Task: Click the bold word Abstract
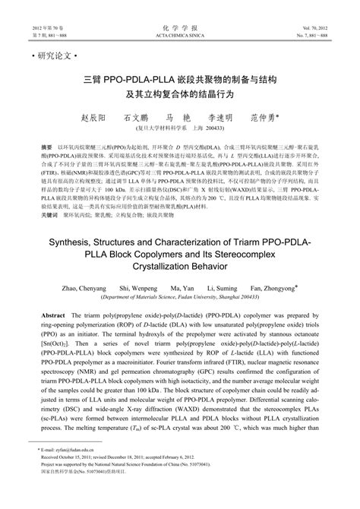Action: tap(52, 315)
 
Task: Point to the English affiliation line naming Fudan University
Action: tap(179, 301)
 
